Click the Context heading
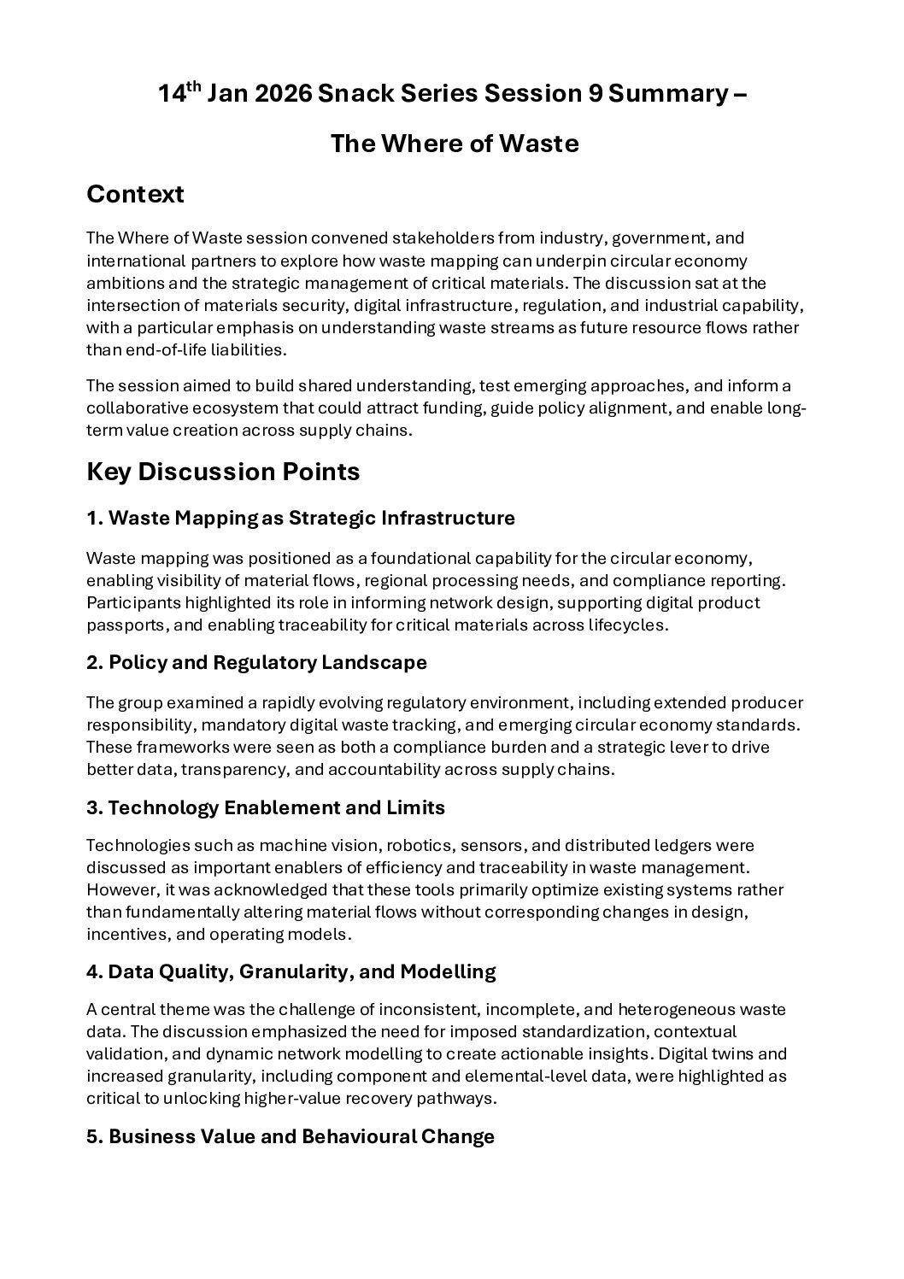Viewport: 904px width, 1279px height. (135, 195)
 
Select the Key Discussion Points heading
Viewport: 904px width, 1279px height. (223, 472)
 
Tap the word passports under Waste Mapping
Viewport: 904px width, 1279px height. (125, 625)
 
